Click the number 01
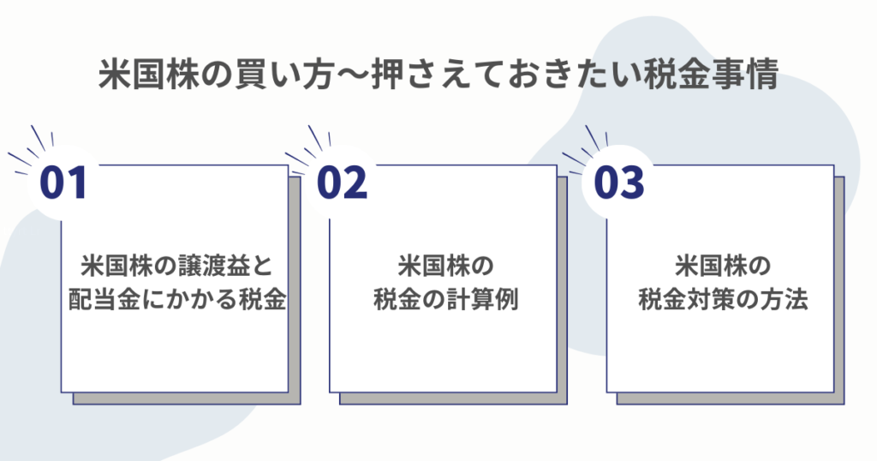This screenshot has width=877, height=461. click(x=63, y=183)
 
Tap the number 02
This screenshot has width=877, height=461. click(x=342, y=183)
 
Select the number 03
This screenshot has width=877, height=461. click(x=618, y=183)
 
